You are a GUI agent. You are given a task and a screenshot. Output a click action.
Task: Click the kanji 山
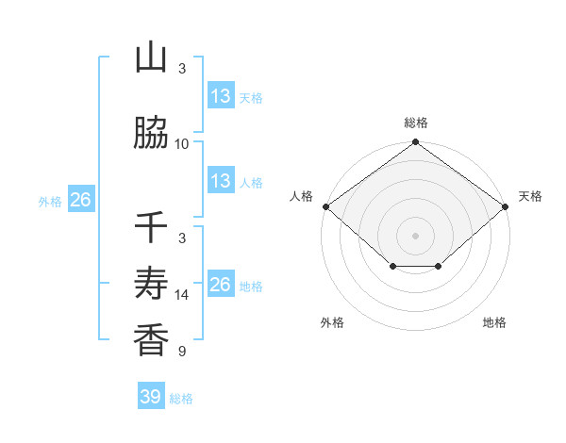[x=151, y=57]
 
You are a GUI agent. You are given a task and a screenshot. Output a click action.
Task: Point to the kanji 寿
[x=151, y=285]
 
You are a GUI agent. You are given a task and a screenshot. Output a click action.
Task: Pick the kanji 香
[x=151, y=340]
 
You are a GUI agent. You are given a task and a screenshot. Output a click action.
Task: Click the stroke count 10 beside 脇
[x=182, y=143]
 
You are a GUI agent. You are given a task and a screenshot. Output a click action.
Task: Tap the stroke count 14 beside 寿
[x=182, y=295]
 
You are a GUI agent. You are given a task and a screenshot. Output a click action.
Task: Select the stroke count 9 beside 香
[x=182, y=352]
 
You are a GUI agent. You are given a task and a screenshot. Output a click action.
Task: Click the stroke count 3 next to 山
[x=182, y=68]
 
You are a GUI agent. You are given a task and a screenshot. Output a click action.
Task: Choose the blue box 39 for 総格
[x=150, y=397]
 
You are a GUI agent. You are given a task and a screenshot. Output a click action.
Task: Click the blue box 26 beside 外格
[x=81, y=200]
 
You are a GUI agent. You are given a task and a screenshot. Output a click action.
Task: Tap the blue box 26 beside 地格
[x=220, y=285]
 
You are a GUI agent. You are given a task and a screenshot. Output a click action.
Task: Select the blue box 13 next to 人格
[x=220, y=181]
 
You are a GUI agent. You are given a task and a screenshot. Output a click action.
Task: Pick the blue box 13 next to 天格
[x=220, y=96]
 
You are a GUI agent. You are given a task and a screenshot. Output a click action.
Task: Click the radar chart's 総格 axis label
[x=415, y=123]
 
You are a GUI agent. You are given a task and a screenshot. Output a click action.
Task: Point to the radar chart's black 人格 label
[x=302, y=196]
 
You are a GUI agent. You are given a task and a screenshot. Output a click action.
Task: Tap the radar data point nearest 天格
[x=507, y=206]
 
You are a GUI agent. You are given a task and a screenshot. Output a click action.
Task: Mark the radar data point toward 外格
[x=392, y=267]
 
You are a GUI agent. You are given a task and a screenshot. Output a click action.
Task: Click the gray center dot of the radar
[x=415, y=236]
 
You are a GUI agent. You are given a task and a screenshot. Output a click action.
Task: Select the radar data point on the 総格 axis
[x=415, y=142]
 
